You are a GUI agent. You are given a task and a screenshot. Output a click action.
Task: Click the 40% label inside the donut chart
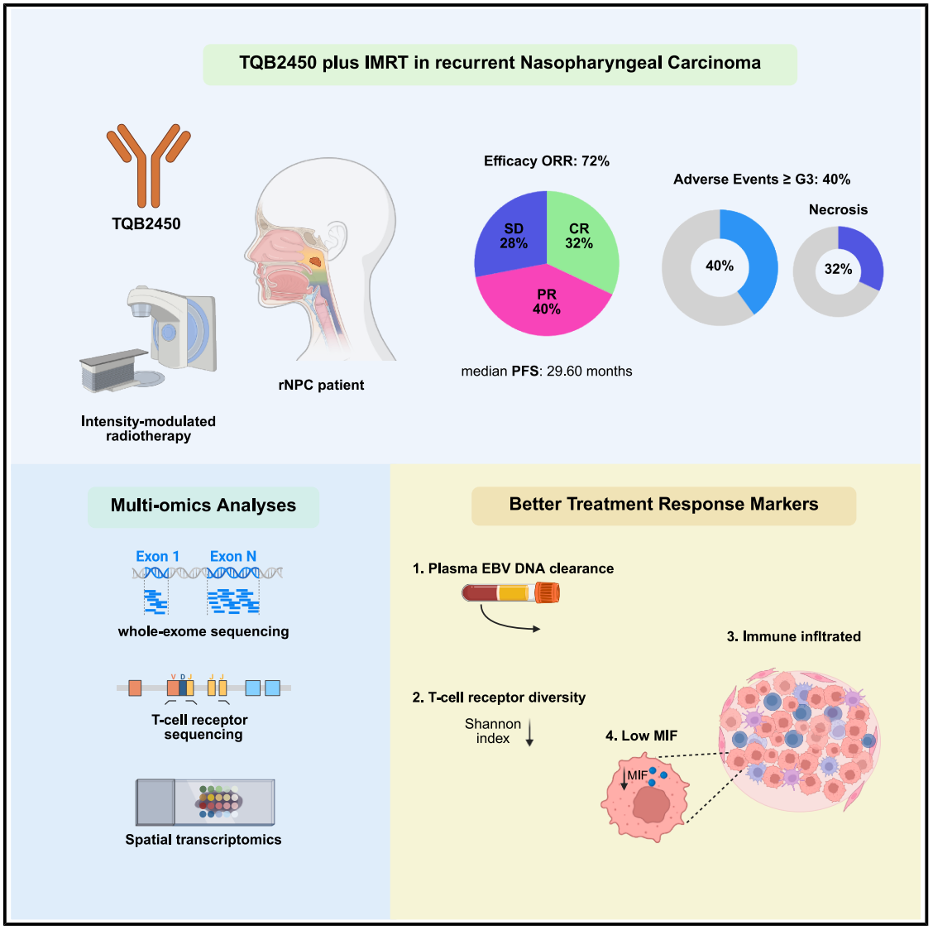719,266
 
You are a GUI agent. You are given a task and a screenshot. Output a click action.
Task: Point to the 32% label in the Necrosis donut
838,270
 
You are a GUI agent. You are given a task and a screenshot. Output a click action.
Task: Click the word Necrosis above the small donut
838,210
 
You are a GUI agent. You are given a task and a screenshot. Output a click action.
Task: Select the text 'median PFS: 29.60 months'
546,372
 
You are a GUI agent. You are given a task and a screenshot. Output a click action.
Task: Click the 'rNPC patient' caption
321,385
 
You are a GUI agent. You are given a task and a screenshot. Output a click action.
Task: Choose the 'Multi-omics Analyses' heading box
203,506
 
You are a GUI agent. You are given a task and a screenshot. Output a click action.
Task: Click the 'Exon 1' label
157,557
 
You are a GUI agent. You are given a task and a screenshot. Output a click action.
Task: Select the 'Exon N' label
233,557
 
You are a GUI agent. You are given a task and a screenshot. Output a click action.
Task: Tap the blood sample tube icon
510,592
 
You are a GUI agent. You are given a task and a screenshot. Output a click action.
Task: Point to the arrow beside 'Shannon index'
530,732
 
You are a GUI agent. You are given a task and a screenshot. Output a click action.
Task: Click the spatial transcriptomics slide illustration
204,802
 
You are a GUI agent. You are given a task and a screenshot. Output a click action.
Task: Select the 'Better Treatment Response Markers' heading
663,505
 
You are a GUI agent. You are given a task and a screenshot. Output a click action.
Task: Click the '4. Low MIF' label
641,736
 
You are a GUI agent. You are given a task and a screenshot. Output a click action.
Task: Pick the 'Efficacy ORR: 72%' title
546,161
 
